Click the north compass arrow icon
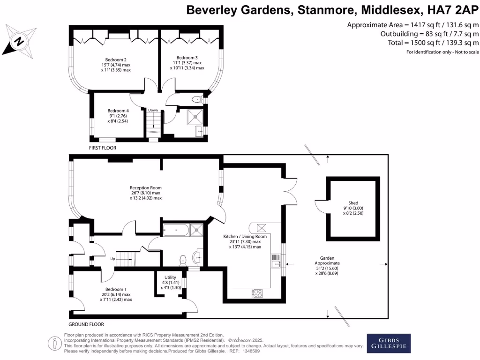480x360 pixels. click(19, 41)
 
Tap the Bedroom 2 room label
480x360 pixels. click(116, 60)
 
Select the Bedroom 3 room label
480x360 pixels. click(187, 57)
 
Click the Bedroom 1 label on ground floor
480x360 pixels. click(115, 289)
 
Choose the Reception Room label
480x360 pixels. click(145, 187)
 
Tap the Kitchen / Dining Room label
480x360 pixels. click(242, 237)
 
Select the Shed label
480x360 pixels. click(353, 203)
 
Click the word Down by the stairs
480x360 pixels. click(153, 110)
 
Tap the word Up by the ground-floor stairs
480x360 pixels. click(113, 258)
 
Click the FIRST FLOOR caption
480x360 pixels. click(103, 148)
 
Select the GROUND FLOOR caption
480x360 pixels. click(86, 324)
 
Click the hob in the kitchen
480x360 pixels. click(257, 293)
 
